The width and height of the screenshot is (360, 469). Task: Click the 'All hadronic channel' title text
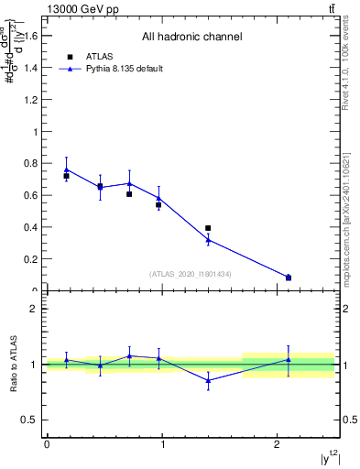(x=191, y=38)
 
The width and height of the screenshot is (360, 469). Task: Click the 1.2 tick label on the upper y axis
(x=34, y=100)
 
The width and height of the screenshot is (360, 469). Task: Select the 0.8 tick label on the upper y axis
(x=34, y=163)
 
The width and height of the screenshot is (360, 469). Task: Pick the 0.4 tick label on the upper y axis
(x=34, y=227)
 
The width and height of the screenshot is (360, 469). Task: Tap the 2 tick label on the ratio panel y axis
(x=37, y=309)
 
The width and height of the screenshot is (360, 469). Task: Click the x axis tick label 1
(x=162, y=445)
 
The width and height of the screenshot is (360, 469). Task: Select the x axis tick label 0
(x=47, y=445)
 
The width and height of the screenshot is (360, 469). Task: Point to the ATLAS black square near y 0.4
(x=208, y=228)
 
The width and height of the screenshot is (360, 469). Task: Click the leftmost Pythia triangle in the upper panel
(x=66, y=169)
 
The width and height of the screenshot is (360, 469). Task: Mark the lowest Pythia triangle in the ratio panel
(x=208, y=380)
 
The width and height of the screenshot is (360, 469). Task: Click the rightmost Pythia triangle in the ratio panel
(x=289, y=360)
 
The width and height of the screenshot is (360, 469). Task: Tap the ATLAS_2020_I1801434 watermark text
(x=191, y=274)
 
